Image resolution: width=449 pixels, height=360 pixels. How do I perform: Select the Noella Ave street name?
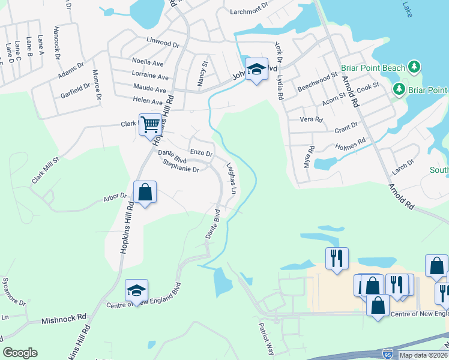[x=148, y=62]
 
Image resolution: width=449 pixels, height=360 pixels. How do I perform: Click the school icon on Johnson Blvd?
[x=256, y=70]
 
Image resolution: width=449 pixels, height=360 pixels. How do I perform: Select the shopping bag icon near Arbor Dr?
[x=145, y=192]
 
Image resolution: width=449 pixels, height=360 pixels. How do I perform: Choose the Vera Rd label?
[x=312, y=119]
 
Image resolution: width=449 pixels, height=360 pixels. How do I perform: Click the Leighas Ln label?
[x=232, y=174]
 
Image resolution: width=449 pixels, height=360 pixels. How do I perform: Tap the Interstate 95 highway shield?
[x=388, y=355]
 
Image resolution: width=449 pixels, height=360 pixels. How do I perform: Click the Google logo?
[x=20, y=353]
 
